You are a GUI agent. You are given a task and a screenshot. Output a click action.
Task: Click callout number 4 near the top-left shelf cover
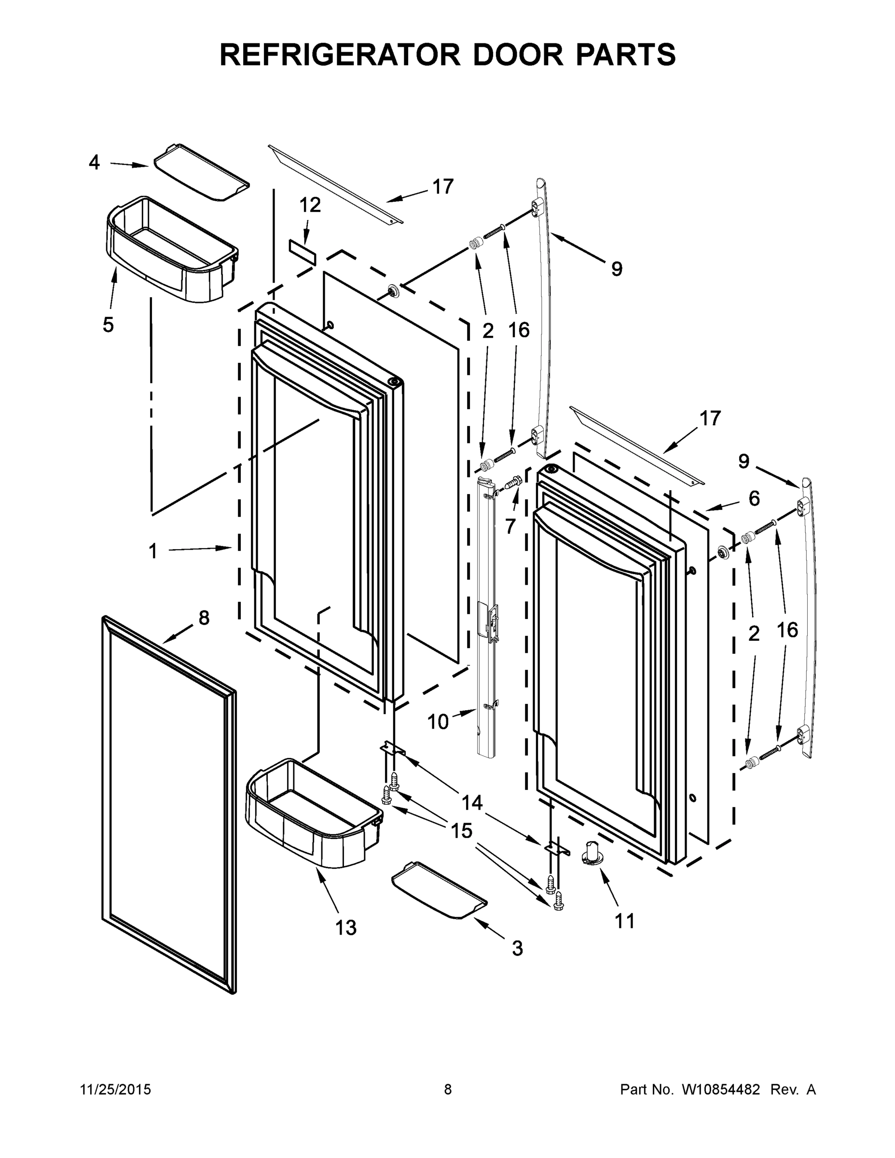click(94, 162)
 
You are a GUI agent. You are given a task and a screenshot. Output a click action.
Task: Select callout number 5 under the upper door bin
click(108, 325)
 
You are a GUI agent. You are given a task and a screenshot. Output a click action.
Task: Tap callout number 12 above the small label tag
click(310, 205)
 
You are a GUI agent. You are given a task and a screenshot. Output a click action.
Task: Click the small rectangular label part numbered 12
click(302, 252)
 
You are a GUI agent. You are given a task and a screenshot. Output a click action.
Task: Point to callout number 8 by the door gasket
click(204, 618)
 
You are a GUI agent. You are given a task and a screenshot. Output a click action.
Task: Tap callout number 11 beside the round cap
click(625, 921)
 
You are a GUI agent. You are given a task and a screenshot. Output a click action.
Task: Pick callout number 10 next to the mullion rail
click(438, 722)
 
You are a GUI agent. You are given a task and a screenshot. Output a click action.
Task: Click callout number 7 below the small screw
click(510, 526)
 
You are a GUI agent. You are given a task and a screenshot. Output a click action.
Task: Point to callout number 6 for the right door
click(754, 498)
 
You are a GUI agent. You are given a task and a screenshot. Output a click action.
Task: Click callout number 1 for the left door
click(152, 552)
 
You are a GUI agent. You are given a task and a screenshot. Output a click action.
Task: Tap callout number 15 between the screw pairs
click(461, 831)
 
